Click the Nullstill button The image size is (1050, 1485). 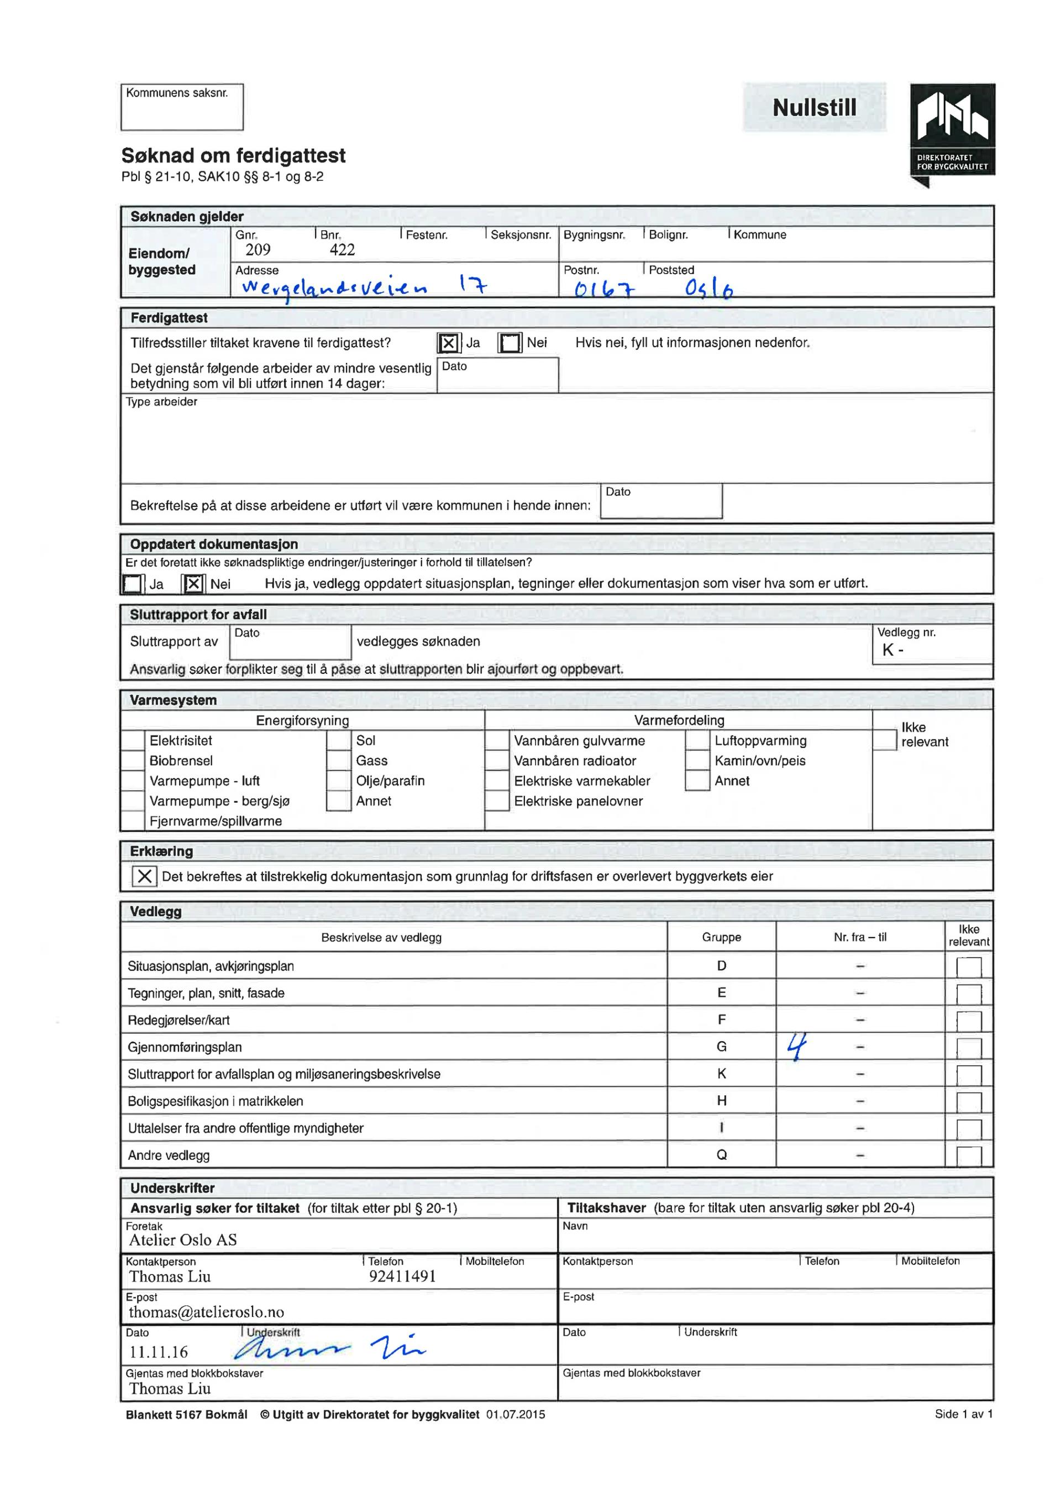click(814, 107)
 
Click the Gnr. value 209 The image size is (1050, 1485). click(258, 250)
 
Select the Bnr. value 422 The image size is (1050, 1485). click(342, 250)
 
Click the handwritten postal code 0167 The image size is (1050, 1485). click(605, 289)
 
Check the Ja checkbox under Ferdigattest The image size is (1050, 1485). click(449, 343)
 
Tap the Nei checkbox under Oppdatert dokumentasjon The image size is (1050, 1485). click(193, 584)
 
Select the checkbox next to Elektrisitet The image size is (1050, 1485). click(133, 740)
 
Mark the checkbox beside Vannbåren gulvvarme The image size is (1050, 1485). click(497, 740)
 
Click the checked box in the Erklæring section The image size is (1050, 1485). click(144, 876)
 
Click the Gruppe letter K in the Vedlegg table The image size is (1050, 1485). click(722, 1074)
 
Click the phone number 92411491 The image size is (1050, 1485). click(402, 1277)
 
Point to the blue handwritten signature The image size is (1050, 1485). click(330, 1348)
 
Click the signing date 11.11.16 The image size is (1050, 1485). click(159, 1352)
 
